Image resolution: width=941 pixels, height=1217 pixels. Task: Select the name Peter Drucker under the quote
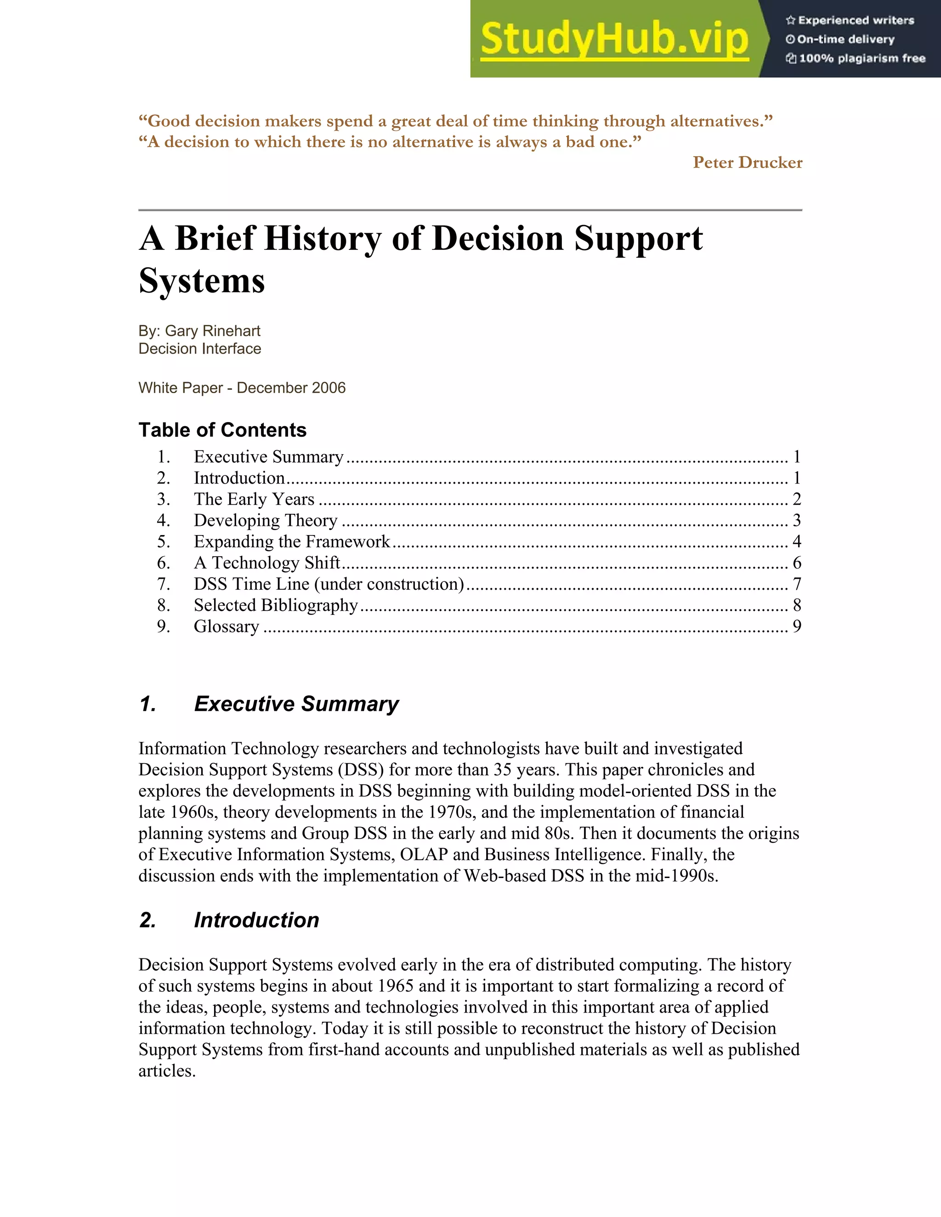[747, 162]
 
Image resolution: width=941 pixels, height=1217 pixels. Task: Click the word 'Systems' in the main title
[201, 280]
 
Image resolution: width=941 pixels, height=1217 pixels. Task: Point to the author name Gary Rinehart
[212, 331]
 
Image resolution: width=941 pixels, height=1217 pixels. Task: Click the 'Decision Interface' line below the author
[199, 349]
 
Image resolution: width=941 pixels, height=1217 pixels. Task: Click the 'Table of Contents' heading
[222, 430]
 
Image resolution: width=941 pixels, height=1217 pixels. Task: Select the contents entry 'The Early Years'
[254, 499]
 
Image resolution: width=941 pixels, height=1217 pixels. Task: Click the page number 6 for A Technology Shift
[797, 563]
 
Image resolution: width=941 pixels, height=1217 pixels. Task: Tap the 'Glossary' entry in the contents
[227, 626]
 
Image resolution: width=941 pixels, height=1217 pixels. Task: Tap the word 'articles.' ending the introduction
[167, 1071]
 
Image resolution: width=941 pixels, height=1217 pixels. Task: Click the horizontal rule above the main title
[470, 210]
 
